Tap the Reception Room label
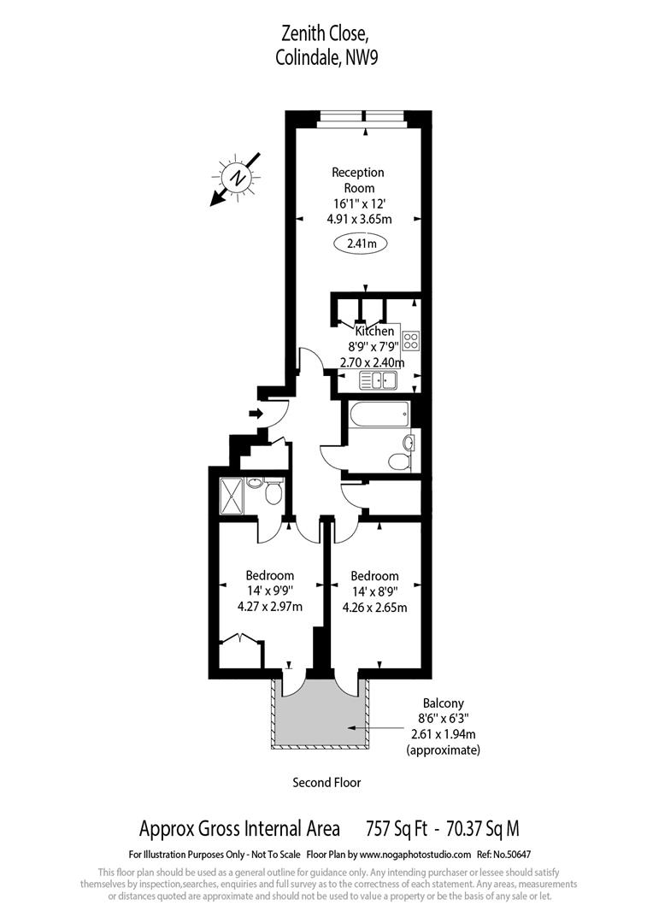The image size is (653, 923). (358, 180)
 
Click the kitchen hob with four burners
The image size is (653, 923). (410, 341)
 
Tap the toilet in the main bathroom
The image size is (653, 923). (399, 461)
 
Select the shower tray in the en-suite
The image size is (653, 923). (232, 496)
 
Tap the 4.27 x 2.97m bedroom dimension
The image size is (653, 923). (270, 608)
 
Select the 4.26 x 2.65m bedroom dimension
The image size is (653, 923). (374, 608)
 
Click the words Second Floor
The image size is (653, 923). (326, 782)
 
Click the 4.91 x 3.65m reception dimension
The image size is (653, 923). (359, 218)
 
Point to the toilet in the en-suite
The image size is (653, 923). (274, 494)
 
